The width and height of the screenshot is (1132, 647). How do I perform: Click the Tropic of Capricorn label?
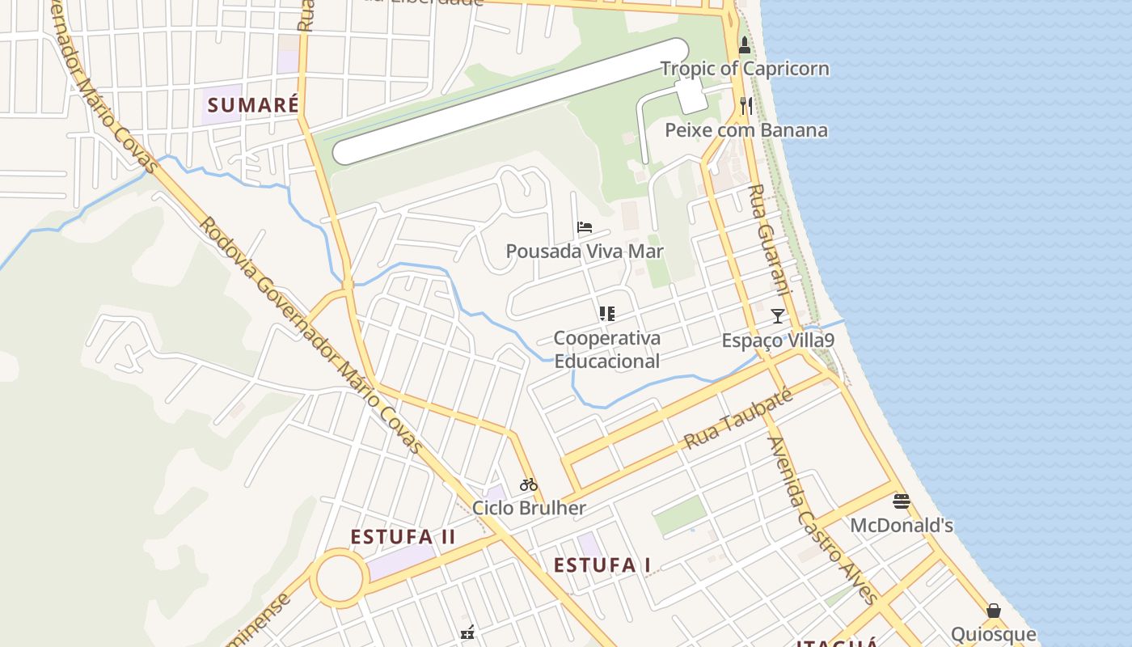pyautogui.click(x=745, y=69)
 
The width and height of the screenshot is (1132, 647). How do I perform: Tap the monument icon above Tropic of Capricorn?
pyautogui.click(x=745, y=46)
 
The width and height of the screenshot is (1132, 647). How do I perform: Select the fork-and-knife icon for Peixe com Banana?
pyautogui.click(x=746, y=106)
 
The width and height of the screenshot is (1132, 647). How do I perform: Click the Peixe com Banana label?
pyautogui.click(x=746, y=130)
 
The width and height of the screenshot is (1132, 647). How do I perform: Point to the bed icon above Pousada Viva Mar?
pyautogui.click(x=585, y=227)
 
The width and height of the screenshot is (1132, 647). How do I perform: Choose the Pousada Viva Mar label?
pyautogui.click(x=585, y=252)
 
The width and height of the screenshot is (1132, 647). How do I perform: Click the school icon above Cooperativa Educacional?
pyautogui.click(x=606, y=314)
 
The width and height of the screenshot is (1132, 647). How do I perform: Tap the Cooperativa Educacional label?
pyautogui.click(x=606, y=349)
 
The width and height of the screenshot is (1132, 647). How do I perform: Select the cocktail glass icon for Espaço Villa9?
pyautogui.click(x=778, y=316)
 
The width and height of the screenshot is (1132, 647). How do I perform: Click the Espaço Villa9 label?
pyautogui.click(x=778, y=340)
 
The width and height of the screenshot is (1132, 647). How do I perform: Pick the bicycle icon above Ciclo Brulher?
pyautogui.click(x=529, y=484)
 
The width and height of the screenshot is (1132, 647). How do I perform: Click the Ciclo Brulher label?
pyautogui.click(x=529, y=509)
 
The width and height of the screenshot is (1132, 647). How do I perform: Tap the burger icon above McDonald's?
pyautogui.click(x=902, y=501)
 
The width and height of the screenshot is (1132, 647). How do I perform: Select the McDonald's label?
pyautogui.click(x=902, y=526)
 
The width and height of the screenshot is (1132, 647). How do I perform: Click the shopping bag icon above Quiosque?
pyautogui.click(x=994, y=611)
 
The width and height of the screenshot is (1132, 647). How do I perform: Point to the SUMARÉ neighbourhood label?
pyautogui.click(x=253, y=105)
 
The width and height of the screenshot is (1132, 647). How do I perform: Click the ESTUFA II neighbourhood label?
pyautogui.click(x=403, y=537)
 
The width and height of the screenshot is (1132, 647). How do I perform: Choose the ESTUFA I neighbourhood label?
pyautogui.click(x=602, y=565)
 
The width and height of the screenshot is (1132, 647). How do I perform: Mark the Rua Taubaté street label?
pyautogui.click(x=737, y=420)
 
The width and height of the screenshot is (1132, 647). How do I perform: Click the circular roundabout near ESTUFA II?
pyautogui.click(x=339, y=579)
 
